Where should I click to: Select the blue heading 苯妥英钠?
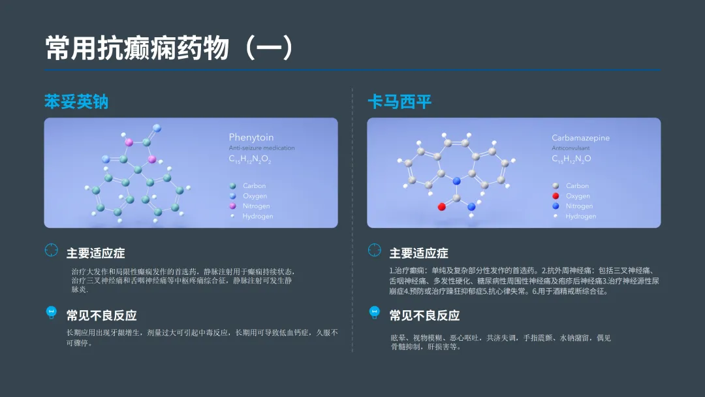pyautogui.click(x=76, y=103)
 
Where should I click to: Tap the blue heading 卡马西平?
pyautogui.click(x=399, y=103)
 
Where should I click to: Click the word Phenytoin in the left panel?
pyautogui.click(x=251, y=137)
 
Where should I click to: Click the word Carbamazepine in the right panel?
pyautogui.click(x=581, y=138)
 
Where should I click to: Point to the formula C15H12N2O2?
pyautogui.click(x=249, y=159)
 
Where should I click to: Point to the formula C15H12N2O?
pyautogui.click(x=571, y=159)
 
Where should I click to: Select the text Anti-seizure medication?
pyautogui.click(x=261, y=148)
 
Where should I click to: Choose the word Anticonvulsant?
pyautogui.click(x=571, y=148)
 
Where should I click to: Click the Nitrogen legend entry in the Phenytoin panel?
pyautogui.click(x=256, y=206)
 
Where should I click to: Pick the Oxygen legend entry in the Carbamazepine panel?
pyautogui.click(x=578, y=196)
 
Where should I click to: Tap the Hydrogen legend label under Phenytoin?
pyautogui.click(x=258, y=216)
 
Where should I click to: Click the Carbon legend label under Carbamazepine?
pyautogui.click(x=577, y=186)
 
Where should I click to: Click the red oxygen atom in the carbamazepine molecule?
pyautogui.click(x=442, y=207)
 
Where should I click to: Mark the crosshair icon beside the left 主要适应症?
pyautogui.click(x=52, y=250)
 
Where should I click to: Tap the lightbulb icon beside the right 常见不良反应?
pyautogui.click(x=375, y=312)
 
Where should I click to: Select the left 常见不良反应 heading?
pyautogui.click(x=101, y=315)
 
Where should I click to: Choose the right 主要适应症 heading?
pyautogui.click(x=418, y=253)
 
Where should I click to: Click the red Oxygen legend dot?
pyautogui.click(x=556, y=196)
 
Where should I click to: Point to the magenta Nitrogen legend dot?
pyautogui.click(x=232, y=206)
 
